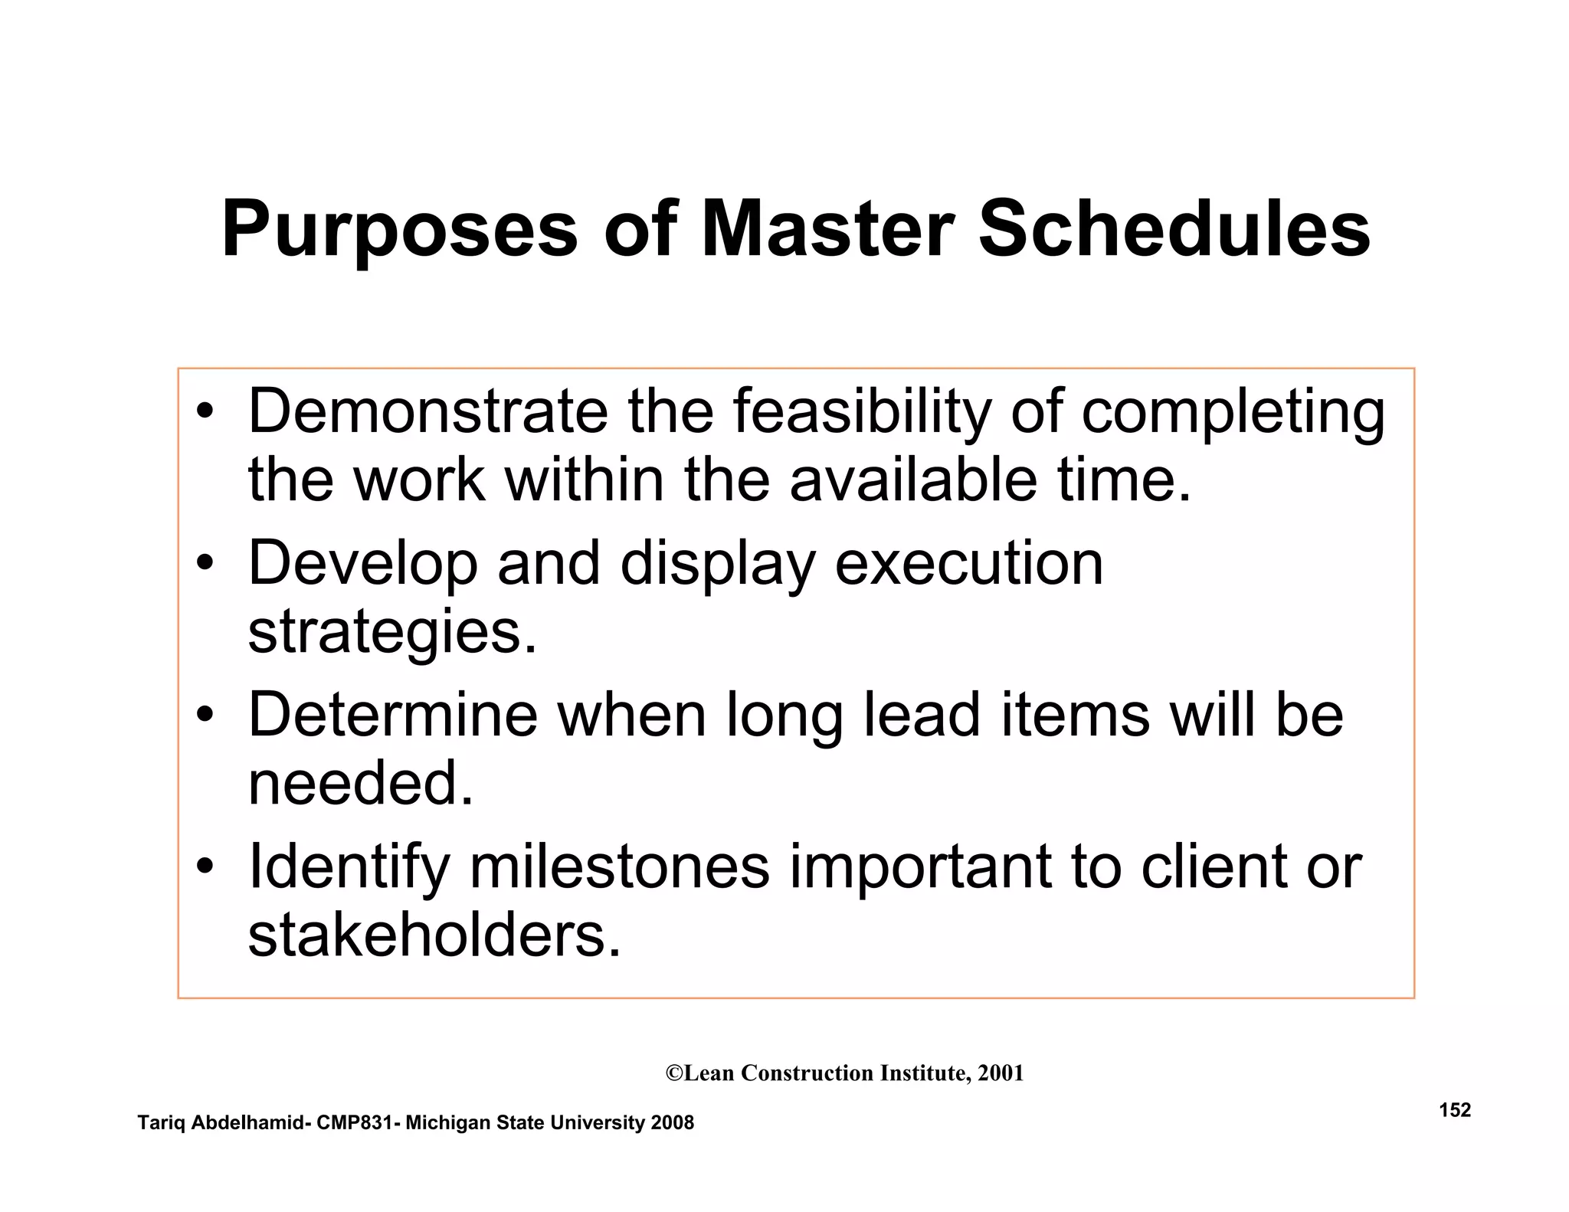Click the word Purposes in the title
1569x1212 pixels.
point(399,231)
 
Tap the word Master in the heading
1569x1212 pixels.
point(827,229)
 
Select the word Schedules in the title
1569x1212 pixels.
point(1174,229)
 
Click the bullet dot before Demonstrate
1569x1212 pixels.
point(204,413)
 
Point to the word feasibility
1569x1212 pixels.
point(862,413)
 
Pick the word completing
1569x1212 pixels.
point(1233,414)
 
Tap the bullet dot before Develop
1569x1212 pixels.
point(204,564)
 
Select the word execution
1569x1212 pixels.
point(968,564)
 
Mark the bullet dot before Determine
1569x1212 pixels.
point(204,716)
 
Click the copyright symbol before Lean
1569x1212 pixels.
point(674,1073)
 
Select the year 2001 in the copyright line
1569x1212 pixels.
point(1001,1073)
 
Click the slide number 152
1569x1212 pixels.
point(1455,1110)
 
